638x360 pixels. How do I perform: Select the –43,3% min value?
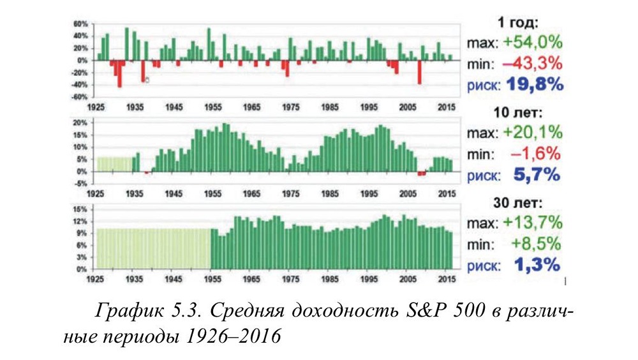[534, 63]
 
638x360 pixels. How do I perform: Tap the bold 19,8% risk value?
[535, 84]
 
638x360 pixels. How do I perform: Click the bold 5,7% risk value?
[538, 174]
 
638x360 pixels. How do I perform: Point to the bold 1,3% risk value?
[538, 264]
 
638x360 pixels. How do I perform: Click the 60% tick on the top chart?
[79, 24]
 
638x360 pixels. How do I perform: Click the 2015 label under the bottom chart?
[446, 279]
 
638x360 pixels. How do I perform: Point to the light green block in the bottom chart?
[153, 248]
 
